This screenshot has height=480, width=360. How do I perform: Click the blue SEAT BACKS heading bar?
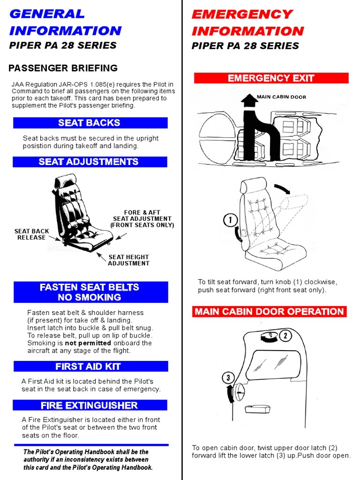pos(90,123)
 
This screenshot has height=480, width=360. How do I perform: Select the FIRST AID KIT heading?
pos(90,367)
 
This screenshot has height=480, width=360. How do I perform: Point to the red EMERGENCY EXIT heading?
pos(271,78)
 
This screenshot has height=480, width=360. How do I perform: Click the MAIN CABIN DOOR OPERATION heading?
pos(270,312)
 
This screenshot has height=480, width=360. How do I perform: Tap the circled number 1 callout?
pos(231,220)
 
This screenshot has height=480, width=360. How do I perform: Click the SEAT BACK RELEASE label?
pos(31,234)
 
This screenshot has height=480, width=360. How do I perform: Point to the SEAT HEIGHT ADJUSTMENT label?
pos(128,260)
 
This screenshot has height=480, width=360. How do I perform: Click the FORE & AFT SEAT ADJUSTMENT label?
pos(142,219)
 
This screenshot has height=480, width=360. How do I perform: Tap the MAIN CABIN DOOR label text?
pos(281,97)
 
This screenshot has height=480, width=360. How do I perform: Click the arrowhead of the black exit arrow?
pos(247,99)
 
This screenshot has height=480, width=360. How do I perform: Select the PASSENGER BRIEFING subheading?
pos(63,68)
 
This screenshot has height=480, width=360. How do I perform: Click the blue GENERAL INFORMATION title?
pos(65,22)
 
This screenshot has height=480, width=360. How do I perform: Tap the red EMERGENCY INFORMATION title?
pos(247,22)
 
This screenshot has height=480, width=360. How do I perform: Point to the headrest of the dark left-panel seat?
pos(66,180)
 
